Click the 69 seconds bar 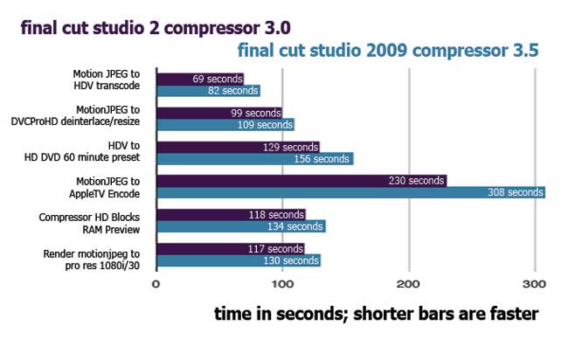coord(200,79)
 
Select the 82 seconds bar coord(208,91)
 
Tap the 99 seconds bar coord(219,113)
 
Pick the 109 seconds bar coord(225,125)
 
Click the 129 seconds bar coord(239,147)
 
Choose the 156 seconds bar coord(255,159)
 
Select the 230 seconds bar coord(301,181)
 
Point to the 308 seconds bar coord(351,192)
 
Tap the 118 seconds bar coord(232,215)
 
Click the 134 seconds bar coord(241,226)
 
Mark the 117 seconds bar coord(231,249)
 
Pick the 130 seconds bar coord(239,260)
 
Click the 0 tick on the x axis coord(156,284)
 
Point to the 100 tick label coord(282,284)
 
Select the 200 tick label coord(408,284)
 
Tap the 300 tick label coord(534,284)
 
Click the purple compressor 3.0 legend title coord(156,28)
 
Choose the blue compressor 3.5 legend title coord(388,51)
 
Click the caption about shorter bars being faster coord(376,314)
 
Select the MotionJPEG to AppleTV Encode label coord(104,187)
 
